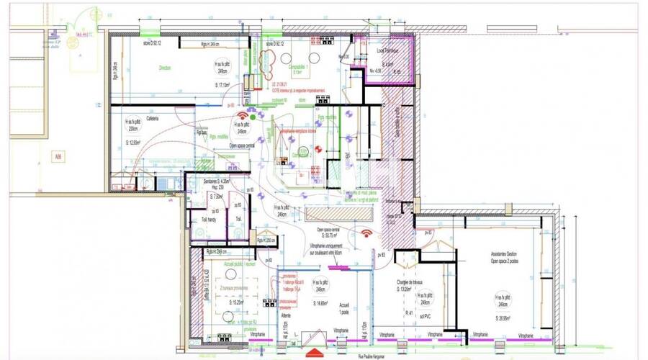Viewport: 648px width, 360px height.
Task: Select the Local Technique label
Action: (388, 53)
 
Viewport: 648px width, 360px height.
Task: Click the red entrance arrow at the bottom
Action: (315, 353)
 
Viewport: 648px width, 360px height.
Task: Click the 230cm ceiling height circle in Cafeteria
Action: (132, 125)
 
